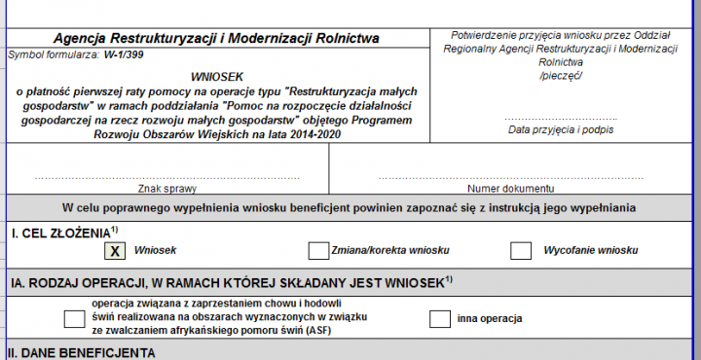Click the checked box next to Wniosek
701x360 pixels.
[115, 251]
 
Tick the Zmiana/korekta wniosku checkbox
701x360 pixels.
[317, 251]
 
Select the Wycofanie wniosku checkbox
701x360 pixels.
[521, 251]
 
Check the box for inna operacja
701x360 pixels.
[440, 318]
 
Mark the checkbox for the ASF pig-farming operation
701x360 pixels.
[74, 318]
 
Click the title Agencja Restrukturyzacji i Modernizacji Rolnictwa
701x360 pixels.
[216, 39]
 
